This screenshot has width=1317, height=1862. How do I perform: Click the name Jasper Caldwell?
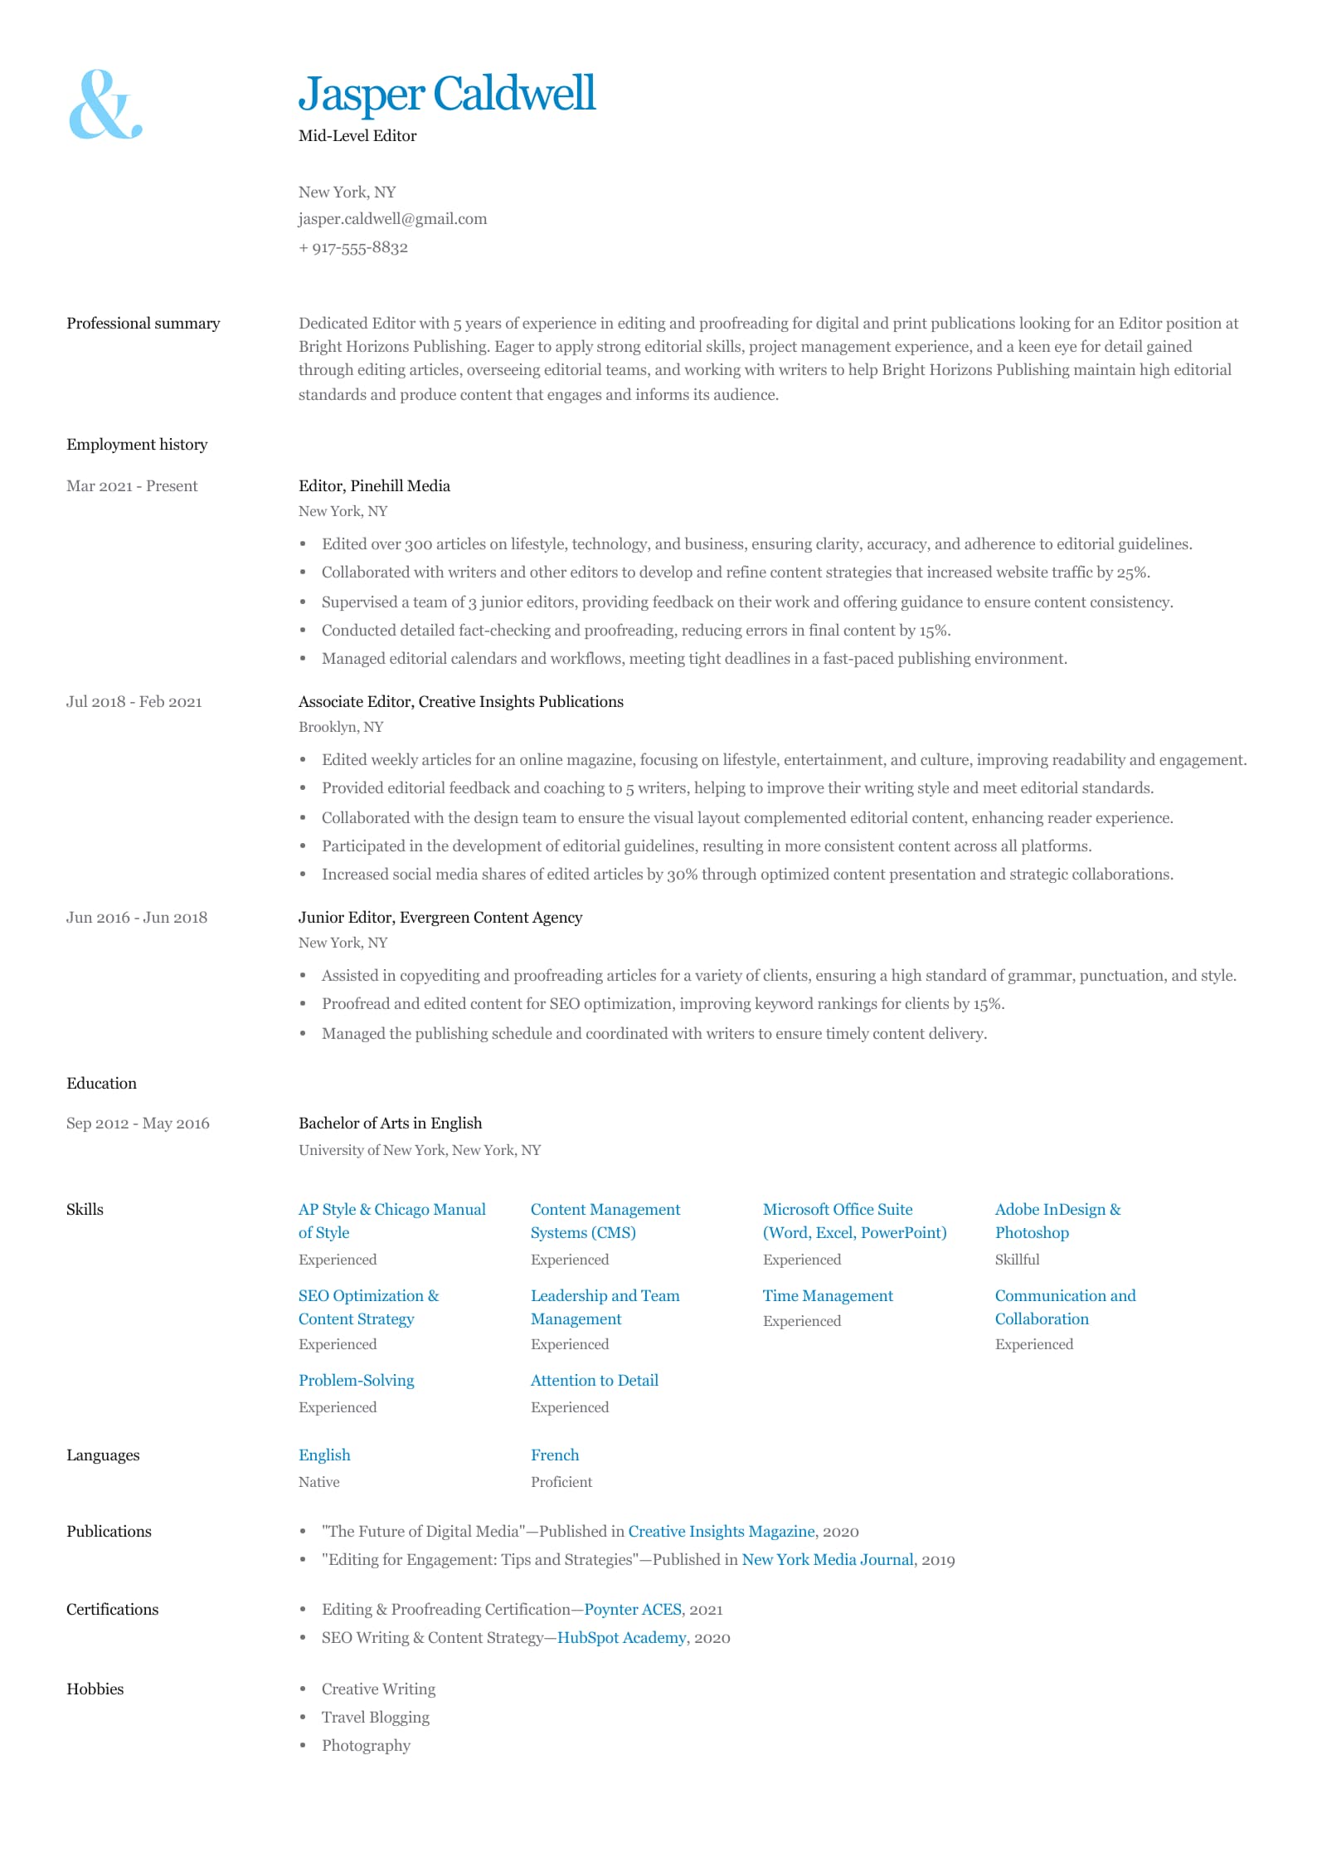pos(446,93)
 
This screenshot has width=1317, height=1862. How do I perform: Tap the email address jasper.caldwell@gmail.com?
pos(392,219)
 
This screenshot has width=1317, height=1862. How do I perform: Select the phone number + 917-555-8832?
pos(353,247)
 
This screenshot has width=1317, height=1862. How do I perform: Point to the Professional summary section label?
pos(143,324)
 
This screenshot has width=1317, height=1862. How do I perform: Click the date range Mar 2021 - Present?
pos(132,486)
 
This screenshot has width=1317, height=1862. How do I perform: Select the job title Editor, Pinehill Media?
pos(374,486)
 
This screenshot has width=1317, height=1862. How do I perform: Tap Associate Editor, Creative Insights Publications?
pos(460,702)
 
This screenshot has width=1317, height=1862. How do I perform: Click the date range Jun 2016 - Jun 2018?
pos(137,918)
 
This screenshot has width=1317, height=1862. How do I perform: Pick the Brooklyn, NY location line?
pos(341,727)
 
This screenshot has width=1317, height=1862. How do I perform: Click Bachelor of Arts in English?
pos(390,1124)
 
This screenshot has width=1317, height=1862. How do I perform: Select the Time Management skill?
pos(828,1296)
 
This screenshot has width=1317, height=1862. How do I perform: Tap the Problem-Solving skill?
pos(356,1381)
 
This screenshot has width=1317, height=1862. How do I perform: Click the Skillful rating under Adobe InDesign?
pos(1017,1260)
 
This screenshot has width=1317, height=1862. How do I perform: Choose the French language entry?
pos(555,1455)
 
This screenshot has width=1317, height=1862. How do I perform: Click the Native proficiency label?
pos(318,1482)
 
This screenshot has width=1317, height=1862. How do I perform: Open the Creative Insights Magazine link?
pos(722,1532)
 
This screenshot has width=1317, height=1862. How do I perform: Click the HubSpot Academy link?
pos(621,1638)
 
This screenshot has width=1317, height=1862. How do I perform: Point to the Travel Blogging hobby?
pos(375,1718)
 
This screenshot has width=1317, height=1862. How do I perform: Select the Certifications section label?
pos(112,1610)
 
